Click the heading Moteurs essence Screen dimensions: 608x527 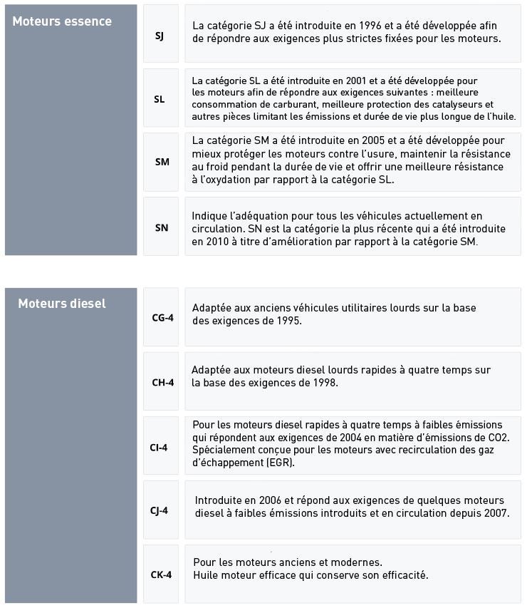(62, 21)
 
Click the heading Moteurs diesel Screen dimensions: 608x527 (62, 304)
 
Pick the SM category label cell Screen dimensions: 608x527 (162, 162)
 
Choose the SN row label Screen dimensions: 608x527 (162, 227)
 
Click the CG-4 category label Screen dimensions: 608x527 (162, 317)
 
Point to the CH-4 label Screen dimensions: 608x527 (162, 382)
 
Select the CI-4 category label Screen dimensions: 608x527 (159, 448)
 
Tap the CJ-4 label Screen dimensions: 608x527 (159, 510)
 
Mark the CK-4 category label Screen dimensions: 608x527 (161, 574)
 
